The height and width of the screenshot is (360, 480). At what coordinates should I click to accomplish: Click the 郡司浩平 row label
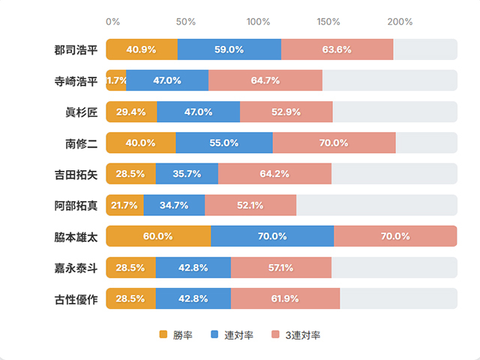pyautogui.click(x=76, y=49)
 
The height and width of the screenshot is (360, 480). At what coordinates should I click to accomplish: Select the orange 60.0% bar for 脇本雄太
pyautogui.click(x=158, y=236)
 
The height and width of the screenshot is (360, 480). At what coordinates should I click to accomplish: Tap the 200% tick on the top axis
pyautogui.click(x=400, y=22)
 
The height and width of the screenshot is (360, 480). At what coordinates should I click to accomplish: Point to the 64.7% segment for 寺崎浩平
pyautogui.click(x=265, y=80)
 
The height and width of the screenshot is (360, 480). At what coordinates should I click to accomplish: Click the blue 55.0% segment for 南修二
pyautogui.click(x=223, y=143)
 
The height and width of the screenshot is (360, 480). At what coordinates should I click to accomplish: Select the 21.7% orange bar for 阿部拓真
pyautogui.click(x=124, y=205)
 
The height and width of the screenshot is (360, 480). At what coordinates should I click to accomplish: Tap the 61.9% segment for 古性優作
pyautogui.click(x=285, y=298)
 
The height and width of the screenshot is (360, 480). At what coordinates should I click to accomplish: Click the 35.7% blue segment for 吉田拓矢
pyautogui.click(x=187, y=174)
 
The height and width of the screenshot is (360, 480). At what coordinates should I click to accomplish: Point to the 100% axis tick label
pyautogui.click(x=259, y=22)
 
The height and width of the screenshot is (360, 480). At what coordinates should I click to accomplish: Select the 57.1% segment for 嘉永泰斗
pyautogui.click(x=280, y=267)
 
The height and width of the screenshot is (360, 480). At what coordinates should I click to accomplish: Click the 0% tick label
pyautogui.click(x=112, y=22)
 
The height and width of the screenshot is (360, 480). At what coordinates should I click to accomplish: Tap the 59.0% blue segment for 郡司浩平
pyautogui.click(x=229, y=49)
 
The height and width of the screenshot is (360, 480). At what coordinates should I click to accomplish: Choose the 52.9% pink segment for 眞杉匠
pyautogui.click(x=286, y=112)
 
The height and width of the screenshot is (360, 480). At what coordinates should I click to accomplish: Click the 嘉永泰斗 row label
pyautogui.click(x=76, y=267)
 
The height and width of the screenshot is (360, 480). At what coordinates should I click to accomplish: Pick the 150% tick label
pyautogui.click(x=329, y=22)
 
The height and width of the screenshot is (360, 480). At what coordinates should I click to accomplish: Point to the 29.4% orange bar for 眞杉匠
pyautogui.click(x=131, y=112)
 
